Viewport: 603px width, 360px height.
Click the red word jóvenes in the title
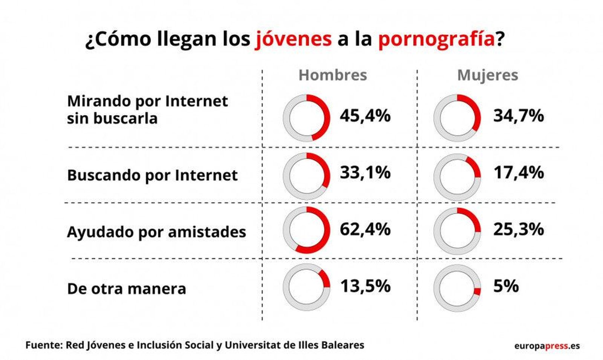[x=293, y=39]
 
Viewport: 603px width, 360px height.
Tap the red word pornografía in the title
[x=436, y=40]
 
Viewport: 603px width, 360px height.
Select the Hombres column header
[x=332, y=75]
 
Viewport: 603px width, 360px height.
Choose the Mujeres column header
[x=487, y=75]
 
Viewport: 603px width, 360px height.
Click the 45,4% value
[x=365, y=115]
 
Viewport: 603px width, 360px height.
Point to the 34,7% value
[x=519, y=115]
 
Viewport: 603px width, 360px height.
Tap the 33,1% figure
[x=365, y=173]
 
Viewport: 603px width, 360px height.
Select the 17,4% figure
[x=519, y=173]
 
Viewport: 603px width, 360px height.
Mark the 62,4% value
[x=365, y=229]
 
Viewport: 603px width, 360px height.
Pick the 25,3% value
[x=519, y=229]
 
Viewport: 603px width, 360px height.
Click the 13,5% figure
[x=365, y=286]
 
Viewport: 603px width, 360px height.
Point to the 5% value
[x=506, y=286]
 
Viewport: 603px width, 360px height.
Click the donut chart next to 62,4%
[x=306, y=230]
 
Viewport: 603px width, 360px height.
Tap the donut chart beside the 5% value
[x=457, y=288]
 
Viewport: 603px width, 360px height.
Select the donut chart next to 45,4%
[x=306, y=118]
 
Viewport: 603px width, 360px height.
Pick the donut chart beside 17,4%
[x=457, y=177]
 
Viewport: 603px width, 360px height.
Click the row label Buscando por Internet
[x=152, y=176]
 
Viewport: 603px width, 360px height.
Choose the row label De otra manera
[x=127, y=289]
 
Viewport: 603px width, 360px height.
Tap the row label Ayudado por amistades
[x=156, y=232]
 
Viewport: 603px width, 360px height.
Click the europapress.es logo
[x=547, y=346]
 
